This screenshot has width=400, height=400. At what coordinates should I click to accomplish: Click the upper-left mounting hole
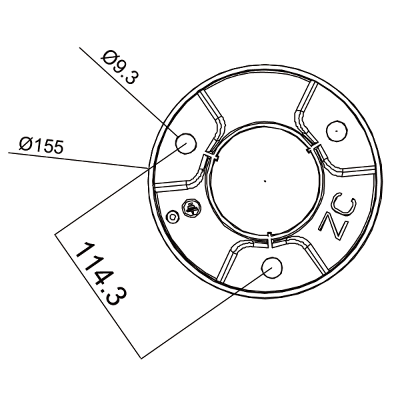point(185,142)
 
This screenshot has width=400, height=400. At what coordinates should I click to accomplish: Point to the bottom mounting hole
point(272,267)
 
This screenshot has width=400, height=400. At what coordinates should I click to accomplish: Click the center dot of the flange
point(265,180)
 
